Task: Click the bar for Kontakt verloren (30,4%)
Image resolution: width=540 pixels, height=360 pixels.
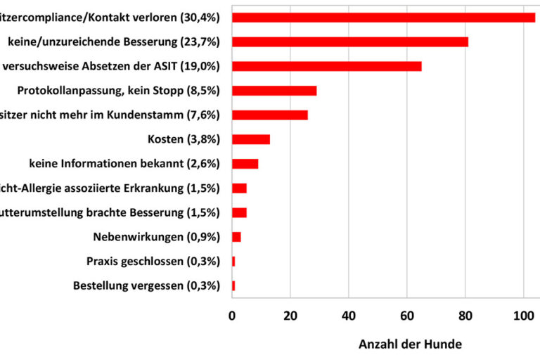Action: [x=383, y=18]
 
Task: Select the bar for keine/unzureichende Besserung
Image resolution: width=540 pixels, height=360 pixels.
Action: [x=350, y=41]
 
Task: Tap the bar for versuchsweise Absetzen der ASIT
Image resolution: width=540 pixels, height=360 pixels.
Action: [x=327, y=66]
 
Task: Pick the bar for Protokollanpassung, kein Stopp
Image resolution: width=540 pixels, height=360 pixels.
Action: [x=274, y=91]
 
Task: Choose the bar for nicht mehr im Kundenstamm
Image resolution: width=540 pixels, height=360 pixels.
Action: [x=270, y=115]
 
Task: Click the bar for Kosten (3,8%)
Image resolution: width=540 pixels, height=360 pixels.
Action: [x=251, y=139]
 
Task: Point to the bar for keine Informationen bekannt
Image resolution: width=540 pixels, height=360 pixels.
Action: [x=245, y=164]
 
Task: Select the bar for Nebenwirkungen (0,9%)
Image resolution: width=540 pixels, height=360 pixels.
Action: [x=236, y=237]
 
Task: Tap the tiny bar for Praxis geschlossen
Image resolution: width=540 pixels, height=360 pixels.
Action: [x=233, y=261]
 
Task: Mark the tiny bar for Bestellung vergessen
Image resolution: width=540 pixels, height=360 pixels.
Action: [x=233, y=285]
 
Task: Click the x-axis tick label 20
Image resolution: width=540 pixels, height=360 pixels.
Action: [x=290, y=317]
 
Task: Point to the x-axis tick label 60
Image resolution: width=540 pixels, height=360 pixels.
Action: [x=407, y=317]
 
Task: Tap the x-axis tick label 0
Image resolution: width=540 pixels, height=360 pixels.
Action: [x=232, y=317]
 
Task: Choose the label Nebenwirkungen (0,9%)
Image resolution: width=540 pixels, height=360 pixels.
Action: [x=156, y=237]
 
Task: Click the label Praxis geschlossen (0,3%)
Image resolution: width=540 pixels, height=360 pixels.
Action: [x=153, y=262]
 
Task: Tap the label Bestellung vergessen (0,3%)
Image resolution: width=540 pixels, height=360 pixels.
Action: [x=146, y=285]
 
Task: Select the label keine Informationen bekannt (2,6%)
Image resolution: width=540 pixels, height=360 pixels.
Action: [x=124, y=164]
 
